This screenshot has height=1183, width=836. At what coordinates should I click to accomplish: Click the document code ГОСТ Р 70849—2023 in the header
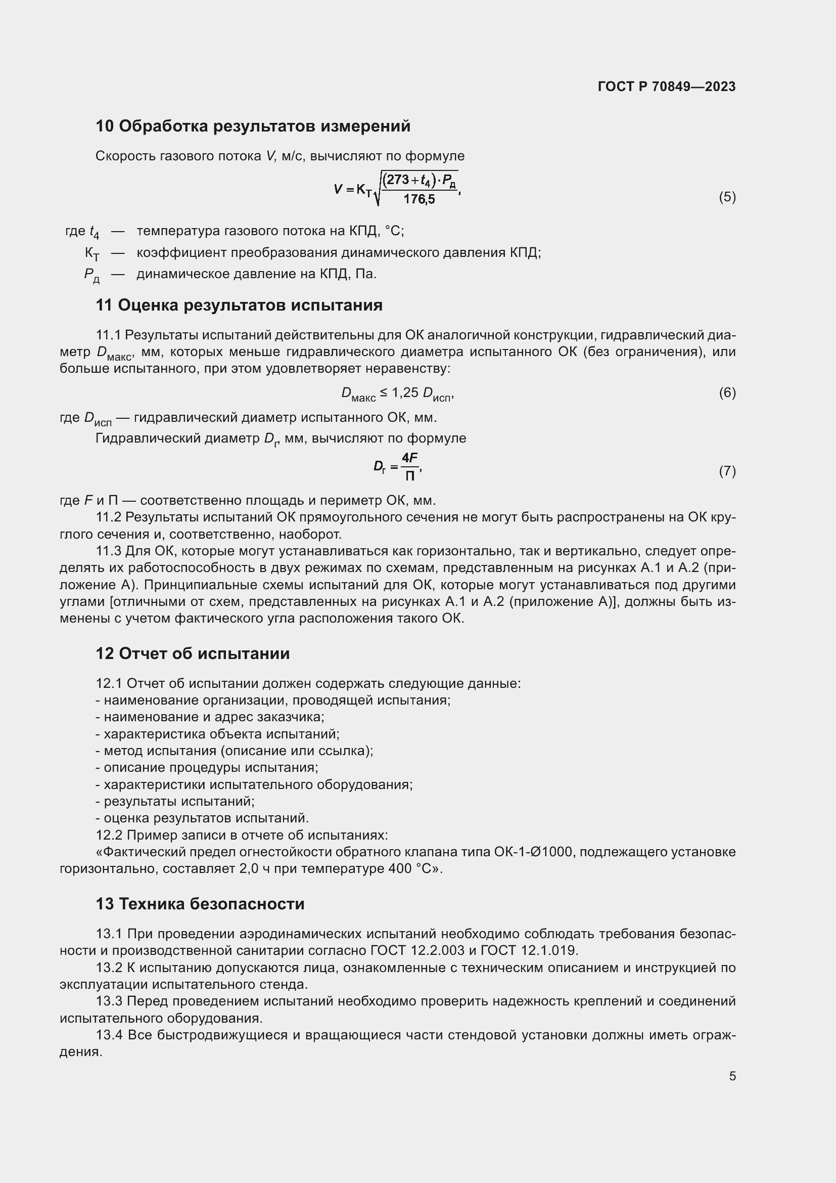(x=667, y=86)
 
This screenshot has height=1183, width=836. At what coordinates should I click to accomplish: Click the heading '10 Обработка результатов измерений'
(x=253, y=126)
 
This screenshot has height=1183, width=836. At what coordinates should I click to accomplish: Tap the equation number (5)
(x=727, y=197)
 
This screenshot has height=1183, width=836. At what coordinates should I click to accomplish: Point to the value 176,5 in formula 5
(x=419, y=199)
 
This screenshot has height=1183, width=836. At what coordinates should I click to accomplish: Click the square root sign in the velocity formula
(x=379, y=191)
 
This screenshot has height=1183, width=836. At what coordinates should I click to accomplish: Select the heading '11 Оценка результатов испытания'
(x=239, y=305)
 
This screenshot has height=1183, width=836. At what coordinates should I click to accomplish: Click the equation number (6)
(x=727, y=392)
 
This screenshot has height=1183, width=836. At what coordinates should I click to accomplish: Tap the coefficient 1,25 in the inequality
(x=405, y=392)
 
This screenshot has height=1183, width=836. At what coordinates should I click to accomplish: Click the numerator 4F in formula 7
(x=410, y=458)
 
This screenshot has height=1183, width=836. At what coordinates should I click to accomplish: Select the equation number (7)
(x=727, y=471)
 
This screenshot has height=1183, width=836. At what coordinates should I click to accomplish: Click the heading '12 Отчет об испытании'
(x=193, y=653)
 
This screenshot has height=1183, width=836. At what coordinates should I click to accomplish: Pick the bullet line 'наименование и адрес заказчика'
(x=210, y=717)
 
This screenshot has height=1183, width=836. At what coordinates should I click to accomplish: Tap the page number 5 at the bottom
(x=732, y=1076)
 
